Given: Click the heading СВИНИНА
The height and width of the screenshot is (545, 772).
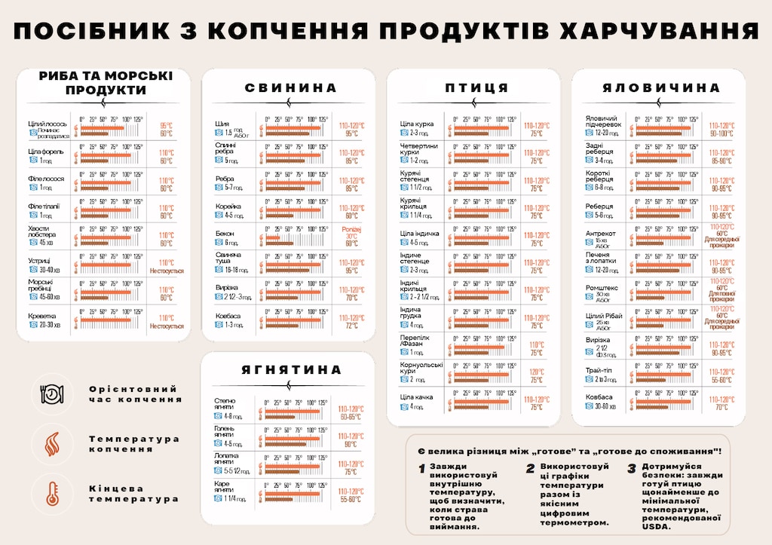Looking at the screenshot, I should tap(289, 88).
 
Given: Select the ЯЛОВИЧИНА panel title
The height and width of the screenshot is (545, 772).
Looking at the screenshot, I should tap(660, 88).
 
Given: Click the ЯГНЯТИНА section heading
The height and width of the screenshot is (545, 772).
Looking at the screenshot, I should tap(291, 370).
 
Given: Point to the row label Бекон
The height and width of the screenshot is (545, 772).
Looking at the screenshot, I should tap(225, 234).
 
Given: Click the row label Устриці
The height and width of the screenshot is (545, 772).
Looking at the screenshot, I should tap(40, 261).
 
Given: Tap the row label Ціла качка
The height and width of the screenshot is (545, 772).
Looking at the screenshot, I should tap(415, 397).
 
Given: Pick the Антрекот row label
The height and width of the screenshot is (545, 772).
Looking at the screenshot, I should tap(600, 233).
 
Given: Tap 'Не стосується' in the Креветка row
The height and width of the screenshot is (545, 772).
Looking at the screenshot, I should tap(167, 326).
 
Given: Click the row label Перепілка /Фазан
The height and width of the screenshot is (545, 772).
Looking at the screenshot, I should tap(415, 342).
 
